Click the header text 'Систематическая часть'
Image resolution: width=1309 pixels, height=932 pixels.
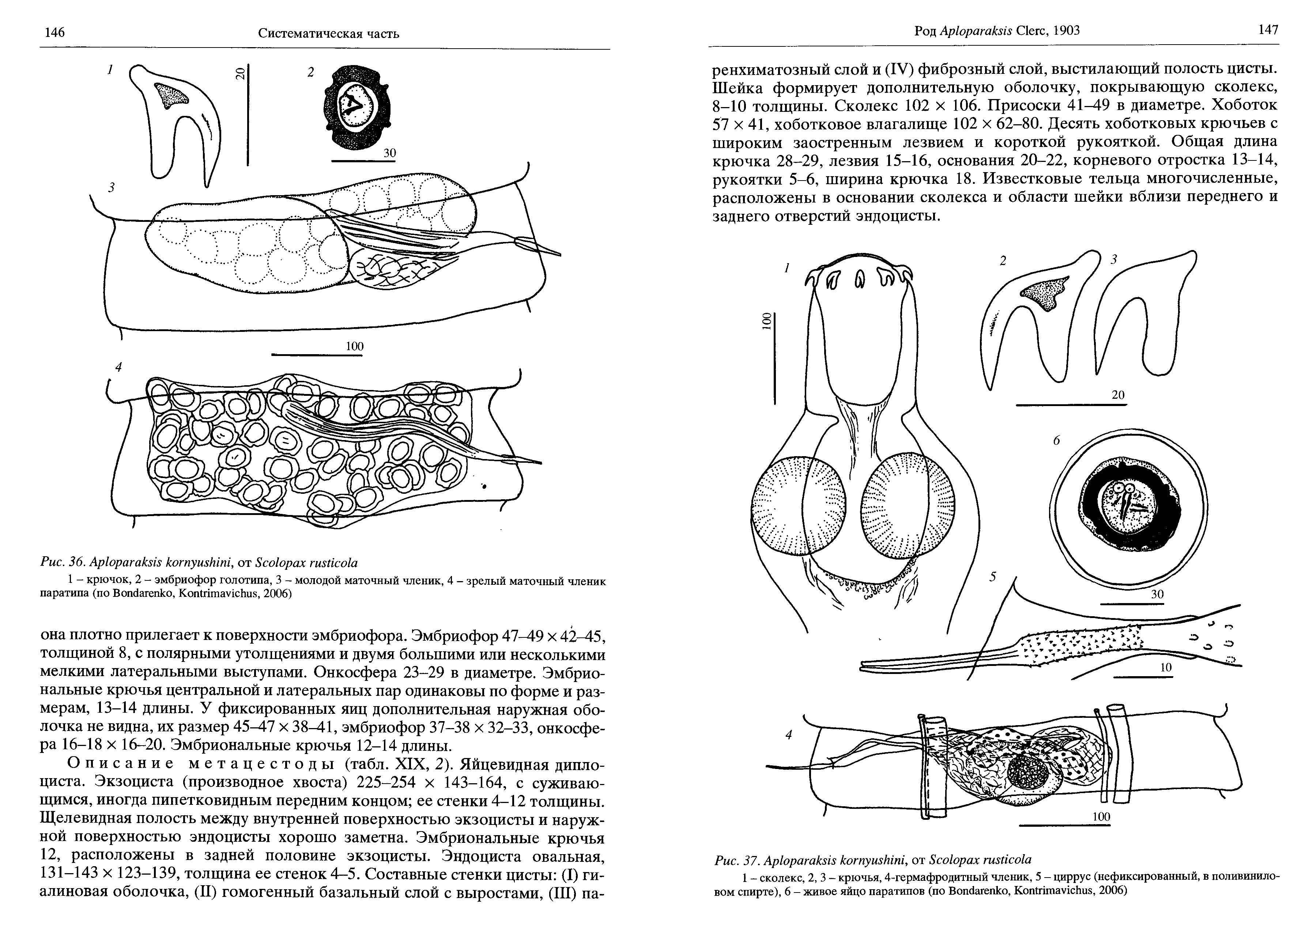[x=328, y=33]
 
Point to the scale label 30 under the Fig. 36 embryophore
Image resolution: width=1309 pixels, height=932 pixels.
[x=390, y=153]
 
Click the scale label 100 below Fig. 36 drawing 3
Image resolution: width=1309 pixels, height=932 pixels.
[x=354, y=346]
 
